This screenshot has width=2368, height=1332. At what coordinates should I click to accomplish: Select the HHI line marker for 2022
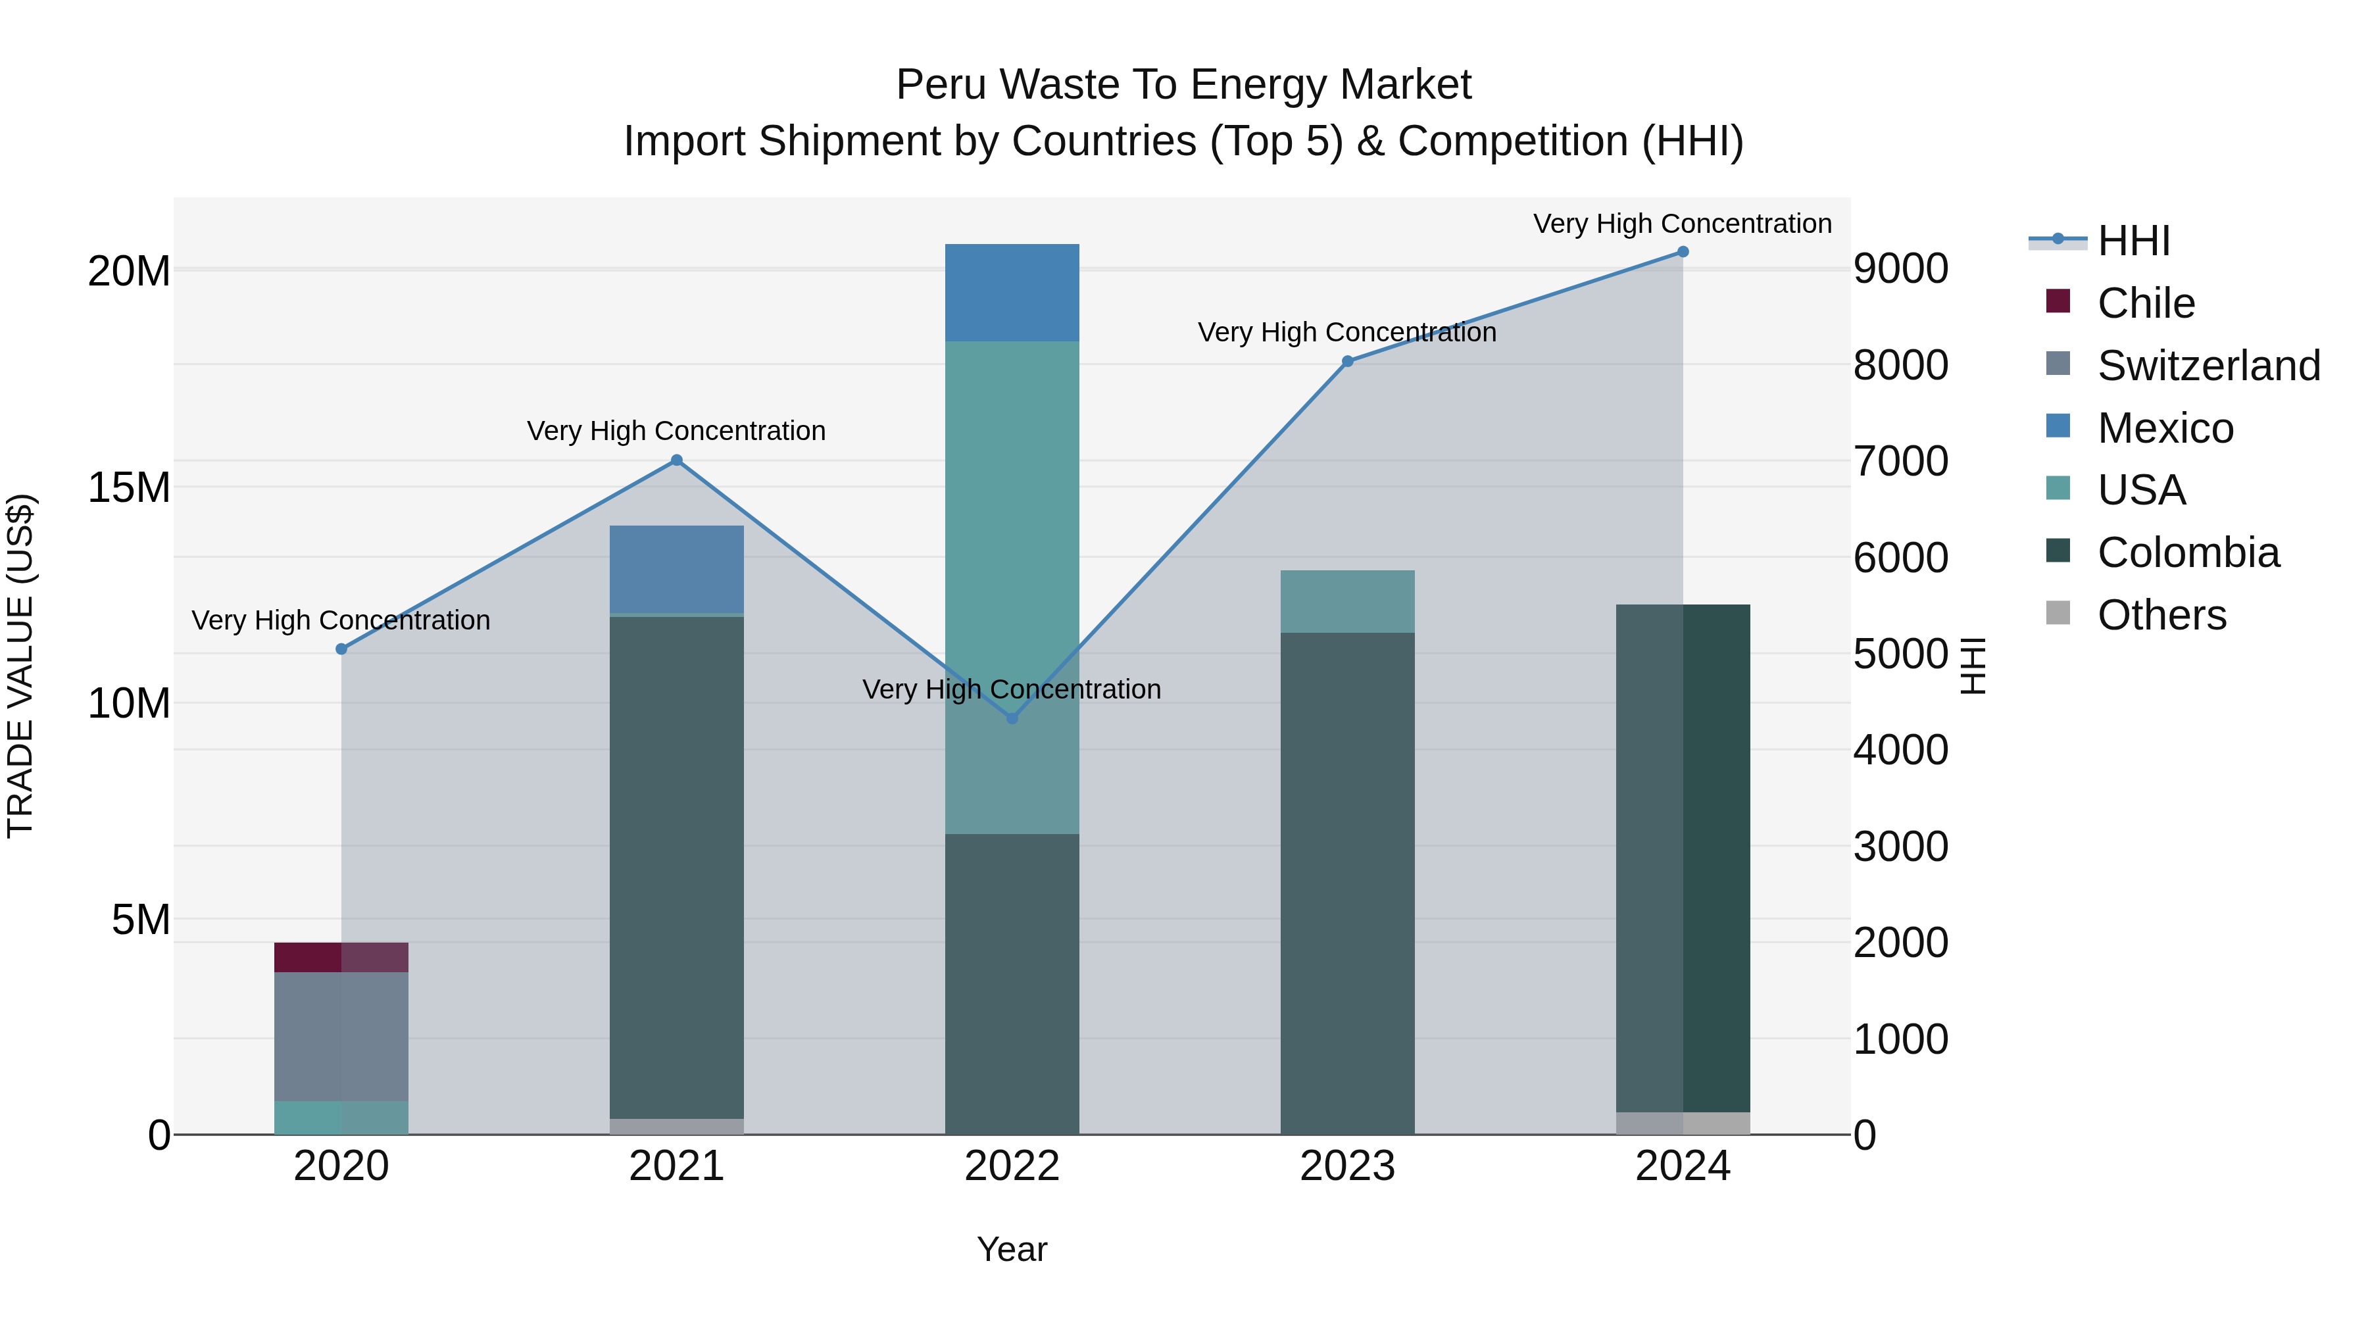coord(1012,718)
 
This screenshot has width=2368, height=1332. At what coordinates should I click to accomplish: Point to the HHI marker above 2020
coord(341,649)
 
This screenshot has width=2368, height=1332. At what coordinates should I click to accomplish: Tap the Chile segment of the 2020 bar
coord(341,957)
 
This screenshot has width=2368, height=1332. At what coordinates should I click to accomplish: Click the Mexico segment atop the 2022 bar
coord(1012,292)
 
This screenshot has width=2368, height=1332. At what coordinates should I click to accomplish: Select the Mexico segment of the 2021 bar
coord(677,569)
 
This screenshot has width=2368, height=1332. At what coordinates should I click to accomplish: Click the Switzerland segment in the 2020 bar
coord(341,1036)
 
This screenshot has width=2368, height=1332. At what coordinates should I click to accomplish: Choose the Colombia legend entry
coord(2188,553)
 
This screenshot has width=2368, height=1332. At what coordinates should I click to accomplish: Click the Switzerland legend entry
coord(2208,366)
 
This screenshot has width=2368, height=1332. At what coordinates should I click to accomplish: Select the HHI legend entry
coord(2133,241)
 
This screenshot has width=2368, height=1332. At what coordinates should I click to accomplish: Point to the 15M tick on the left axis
coord(129,487)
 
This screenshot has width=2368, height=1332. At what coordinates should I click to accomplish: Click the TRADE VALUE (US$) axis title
coord(20,666)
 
